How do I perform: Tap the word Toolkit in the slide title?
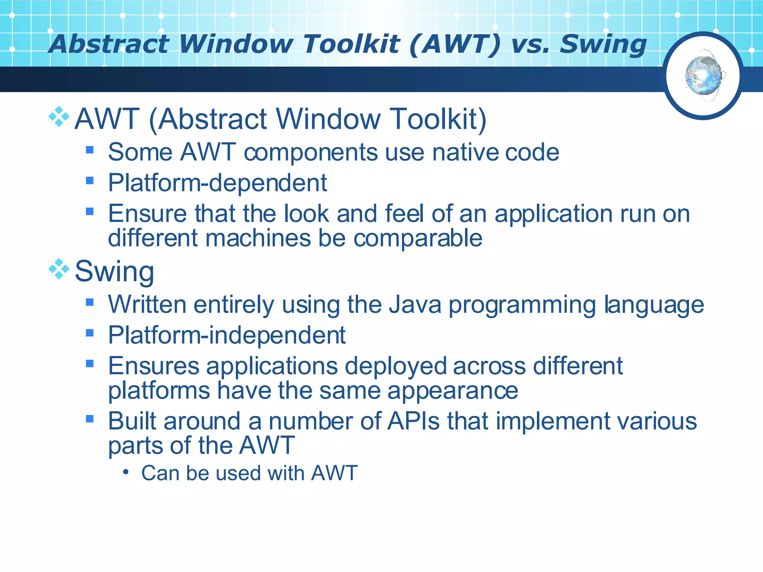point(351,44)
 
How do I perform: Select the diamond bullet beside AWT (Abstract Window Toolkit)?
point(59,117)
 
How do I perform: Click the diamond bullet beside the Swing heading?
point(59,269)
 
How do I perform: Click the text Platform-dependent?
point(217,183)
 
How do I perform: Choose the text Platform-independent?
point(227,335)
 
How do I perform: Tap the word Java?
point(415,305)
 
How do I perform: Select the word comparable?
point(418,238)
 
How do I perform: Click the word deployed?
point(396,366)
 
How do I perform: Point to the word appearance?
point(453,391)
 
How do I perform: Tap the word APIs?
point(414,421)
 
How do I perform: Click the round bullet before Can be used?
point(126,472)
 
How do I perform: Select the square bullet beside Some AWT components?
point(89,150)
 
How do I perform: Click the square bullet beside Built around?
point(89,419)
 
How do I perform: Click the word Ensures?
point(153,366)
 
